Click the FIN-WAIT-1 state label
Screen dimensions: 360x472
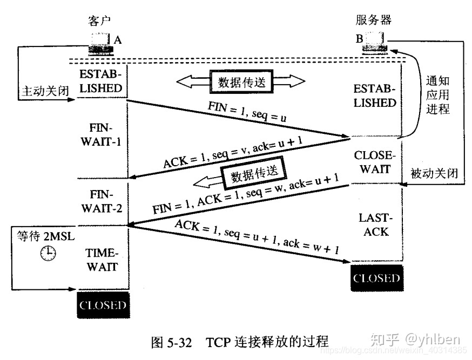pos(102,138)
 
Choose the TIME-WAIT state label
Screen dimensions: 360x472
pos(102,260)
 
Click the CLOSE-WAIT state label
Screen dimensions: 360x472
pos(375,162)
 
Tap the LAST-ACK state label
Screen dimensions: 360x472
pos(374,225)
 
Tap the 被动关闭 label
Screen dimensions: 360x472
pos(434,174)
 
